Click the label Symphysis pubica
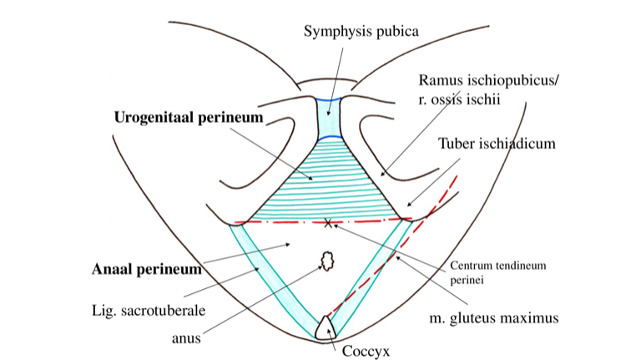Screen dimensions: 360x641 click(x=360, y=32)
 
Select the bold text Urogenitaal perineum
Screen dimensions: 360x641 click(x=188, y=118)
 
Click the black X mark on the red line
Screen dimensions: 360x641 click(x=328, y=222)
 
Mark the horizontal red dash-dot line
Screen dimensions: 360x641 click(x=275, y=222)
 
